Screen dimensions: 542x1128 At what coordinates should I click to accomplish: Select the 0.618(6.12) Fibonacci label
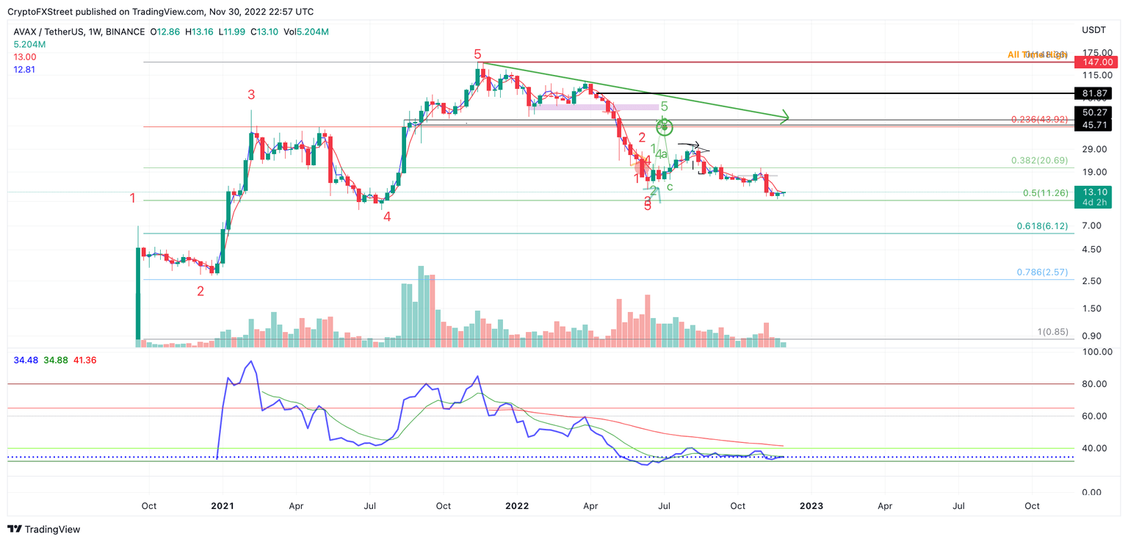pyautogui.click(x=1042, y=226)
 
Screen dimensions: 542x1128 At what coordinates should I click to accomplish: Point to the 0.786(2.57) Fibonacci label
pyautogui.click(x=1042, y=272)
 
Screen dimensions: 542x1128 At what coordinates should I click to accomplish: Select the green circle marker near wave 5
pyautogui.click(x=665, y=128)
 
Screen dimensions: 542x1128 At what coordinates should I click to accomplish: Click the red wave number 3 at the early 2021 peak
pyautogui.click(x=251, y=95)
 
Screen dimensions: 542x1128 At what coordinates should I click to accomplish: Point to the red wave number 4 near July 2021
pyautogui.click(x=386, y=217)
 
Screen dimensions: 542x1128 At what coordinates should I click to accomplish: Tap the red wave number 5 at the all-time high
pyautogui.click(x=477, y=54)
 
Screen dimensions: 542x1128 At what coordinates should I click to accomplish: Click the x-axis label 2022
pyautogui.click(x=517, y=506)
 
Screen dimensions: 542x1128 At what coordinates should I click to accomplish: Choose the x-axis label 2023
pyautogui.click(x=811, y=506)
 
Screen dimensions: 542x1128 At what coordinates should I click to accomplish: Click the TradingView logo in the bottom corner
pyautogui.click(x=44, y=529)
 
